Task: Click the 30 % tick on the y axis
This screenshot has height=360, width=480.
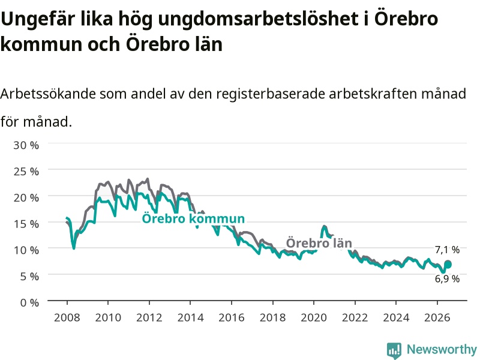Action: pyautogui.click(x=26, y=145)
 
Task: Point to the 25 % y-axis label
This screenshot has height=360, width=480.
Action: pyautogui.click(x=26, y=172)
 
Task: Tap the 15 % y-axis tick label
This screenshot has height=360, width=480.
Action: pyautogui.click(x=26, y=224)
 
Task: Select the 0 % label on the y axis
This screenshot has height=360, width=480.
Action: pyautogui.click(x=29, y=302)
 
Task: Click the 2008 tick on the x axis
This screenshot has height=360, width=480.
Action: pyautogui.click(x=67, y=317)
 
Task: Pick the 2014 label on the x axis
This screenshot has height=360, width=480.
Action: pyautogui.click(x=190, y=317)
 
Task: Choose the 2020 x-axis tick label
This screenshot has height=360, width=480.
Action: pyautogui.click(x=314, y=317)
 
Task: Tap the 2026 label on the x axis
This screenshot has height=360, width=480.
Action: pyautogui.click(x=437, y=317)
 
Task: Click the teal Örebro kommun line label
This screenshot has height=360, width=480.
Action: pyautogui.click(x=193, y=218)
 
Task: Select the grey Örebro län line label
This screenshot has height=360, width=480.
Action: pyautogui.click(x=319, y=243)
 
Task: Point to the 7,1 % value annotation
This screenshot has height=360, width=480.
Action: pyautogui.click(x=447, y=250)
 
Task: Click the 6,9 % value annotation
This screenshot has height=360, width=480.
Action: pyautogui.click(x=447, y=278)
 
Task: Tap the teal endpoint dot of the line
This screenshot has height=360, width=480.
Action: pyautogui.click(x=448, y=264)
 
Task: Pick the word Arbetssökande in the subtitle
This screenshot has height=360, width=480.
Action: pyautogui.click(x=48, y=94)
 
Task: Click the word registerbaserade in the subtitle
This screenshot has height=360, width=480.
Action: pyautogui.click(x=271, y=94)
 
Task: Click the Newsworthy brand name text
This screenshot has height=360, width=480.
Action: pyautogui.click(x=442, y=349)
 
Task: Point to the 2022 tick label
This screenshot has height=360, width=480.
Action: pyautogui.click(x=355, y=317)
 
